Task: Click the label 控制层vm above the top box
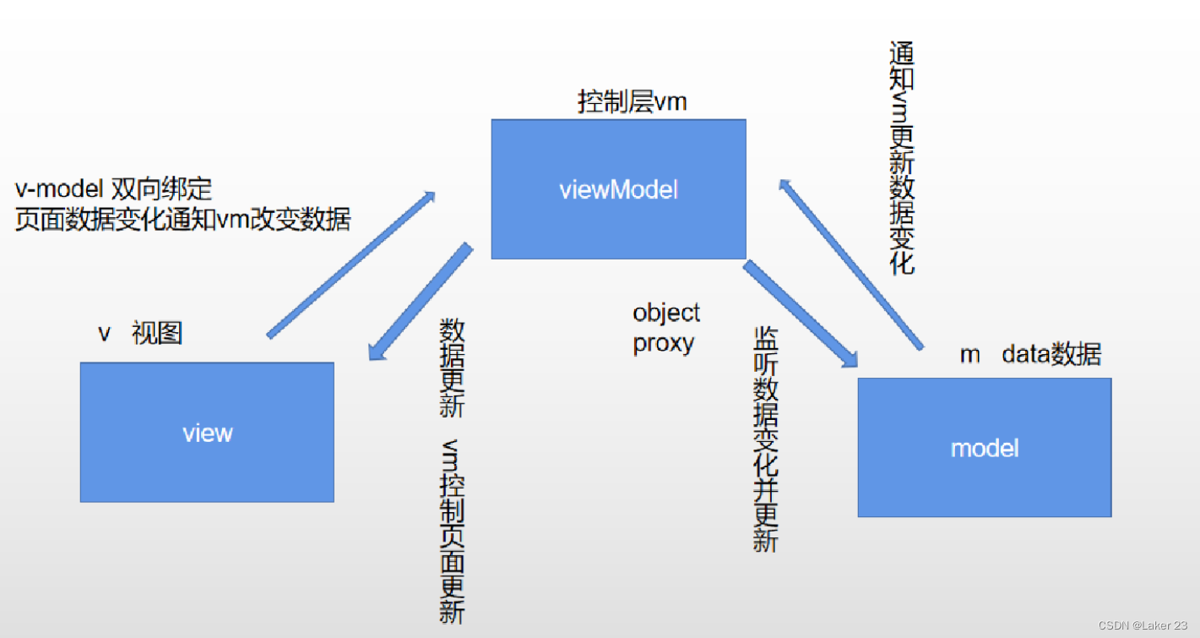pos(632,103)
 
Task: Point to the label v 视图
pos(140,334)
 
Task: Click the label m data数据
pos(1030,354)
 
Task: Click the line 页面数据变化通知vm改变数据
pos(182,220)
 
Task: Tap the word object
pos(666,313)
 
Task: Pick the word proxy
pos(664,343)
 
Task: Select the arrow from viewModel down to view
pos(420,302)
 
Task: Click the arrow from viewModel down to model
pos(801,315)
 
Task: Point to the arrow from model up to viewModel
pos(850,264)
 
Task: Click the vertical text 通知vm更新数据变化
pos(903,158)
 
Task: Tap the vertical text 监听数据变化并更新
pos(765,439)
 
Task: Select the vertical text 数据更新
pos(453,368)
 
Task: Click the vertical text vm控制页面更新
pos(453,532)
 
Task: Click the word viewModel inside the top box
pos(618,189)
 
